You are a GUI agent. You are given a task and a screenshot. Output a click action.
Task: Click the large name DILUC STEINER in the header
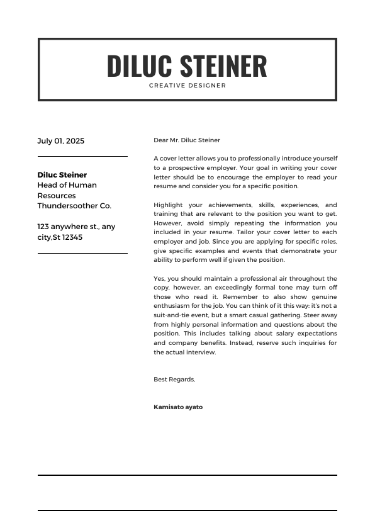[187, 66]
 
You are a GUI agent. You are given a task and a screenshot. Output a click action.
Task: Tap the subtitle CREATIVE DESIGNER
[187, 86]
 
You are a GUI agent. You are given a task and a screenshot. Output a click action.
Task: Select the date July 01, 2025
[60, 141]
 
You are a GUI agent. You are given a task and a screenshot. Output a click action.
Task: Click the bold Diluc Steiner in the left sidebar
[62, 175]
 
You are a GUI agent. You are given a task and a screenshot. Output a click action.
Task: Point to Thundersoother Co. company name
[74, 206]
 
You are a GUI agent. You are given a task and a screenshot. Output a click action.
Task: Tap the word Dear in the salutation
[160, 140]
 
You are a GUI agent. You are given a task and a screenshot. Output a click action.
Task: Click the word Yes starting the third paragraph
[159, 278]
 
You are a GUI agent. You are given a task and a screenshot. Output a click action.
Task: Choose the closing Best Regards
[174, 379]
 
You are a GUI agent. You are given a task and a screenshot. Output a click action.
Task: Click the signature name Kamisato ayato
[178, 407]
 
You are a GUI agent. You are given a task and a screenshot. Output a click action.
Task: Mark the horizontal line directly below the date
[82, 156]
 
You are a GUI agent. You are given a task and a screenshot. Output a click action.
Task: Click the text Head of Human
[67, 185]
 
